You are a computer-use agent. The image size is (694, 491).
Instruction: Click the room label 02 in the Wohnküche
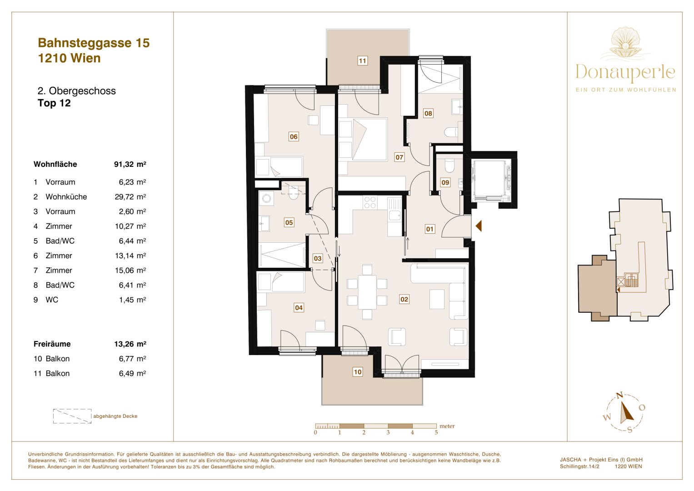404,299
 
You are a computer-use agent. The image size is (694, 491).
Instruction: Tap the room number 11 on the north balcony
362,61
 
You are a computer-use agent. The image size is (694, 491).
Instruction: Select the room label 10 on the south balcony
358,372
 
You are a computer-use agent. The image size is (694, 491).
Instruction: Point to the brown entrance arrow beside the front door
478,225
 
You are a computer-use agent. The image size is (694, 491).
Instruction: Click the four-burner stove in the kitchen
370,202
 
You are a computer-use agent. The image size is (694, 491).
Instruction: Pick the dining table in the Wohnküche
367,292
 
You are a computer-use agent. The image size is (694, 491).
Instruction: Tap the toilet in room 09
449,166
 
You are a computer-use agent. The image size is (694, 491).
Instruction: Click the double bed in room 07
363,139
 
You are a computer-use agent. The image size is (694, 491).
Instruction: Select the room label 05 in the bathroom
289,222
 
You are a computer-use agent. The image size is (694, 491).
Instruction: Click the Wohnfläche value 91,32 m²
130,165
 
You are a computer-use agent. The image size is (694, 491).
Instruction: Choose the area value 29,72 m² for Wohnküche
130,197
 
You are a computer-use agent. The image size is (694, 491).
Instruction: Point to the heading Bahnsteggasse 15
94,43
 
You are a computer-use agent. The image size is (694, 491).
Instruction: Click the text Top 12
54,103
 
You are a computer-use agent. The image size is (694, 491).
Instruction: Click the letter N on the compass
619,396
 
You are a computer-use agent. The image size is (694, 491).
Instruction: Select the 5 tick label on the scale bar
436,433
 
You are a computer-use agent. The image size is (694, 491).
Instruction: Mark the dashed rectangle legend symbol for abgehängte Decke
72,416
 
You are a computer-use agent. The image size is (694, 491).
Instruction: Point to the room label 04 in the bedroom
299,308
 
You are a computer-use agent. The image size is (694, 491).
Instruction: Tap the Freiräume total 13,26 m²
130,344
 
